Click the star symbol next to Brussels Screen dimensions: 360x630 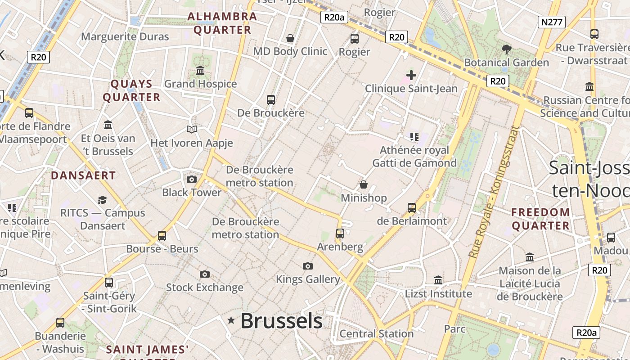(x=231, y=320)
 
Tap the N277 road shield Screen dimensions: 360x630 (x=551, y=22)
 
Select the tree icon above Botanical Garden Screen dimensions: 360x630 (x=506, y=49)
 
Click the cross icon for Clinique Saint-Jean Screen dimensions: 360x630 (x=411, y=75)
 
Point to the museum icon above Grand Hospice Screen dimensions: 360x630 (x=200, y=71)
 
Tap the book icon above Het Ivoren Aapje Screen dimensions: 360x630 (x=192, y=130)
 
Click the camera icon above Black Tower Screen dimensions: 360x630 (x=192, y=179)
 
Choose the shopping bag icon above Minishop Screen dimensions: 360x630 (x=364, y=184)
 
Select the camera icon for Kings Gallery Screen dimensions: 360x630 (x=308, y=266)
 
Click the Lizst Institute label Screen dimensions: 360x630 (x=438, y=294)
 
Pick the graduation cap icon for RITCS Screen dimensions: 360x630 (x=103, y=200)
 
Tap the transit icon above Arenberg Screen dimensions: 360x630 (x=340, y=234)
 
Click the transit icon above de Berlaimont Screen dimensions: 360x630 (x=412, y=207)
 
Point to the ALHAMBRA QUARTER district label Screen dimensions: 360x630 (x=222, y=23)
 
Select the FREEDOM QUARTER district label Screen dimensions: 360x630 (x=540, y=219)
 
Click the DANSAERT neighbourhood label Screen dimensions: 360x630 (x=83, y=175)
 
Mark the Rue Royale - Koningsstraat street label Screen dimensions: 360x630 (x=494, y=192)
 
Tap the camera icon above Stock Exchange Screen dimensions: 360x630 (x=205, y=274)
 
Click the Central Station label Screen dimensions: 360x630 (x=376, y=333)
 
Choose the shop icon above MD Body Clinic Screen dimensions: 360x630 (x=290, y=38)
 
